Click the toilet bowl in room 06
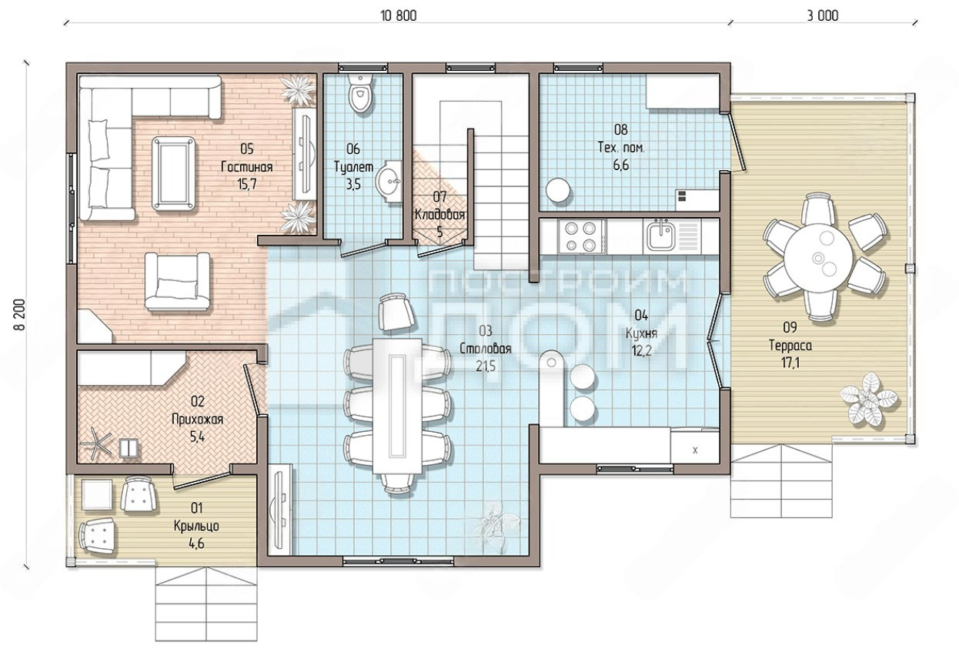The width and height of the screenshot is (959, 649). (359, 93)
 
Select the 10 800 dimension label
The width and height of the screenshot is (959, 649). (398, 16)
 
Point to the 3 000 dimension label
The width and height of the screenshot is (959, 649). (823, 16)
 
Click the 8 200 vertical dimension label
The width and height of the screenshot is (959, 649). (20, 315)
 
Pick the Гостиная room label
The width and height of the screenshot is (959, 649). (246, 166)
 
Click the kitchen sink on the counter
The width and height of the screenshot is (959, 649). (660, 236)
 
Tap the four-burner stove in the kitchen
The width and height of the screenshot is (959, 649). (582, 237)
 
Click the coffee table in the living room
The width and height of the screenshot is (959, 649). (174, 173)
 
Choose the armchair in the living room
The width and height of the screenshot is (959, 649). (177, 282)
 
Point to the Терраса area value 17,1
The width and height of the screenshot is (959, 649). (790, 363)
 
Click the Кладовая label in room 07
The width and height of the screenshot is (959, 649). (439, 215)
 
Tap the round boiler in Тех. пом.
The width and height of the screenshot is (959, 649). (558, 189)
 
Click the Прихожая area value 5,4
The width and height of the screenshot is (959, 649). (197, 437)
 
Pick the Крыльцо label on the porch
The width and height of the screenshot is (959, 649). (196, 526)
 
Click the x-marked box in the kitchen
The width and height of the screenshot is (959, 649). (694, 447)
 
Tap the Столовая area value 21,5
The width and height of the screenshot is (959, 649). (486, 366)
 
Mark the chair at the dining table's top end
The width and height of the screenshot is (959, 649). (397, 312)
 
